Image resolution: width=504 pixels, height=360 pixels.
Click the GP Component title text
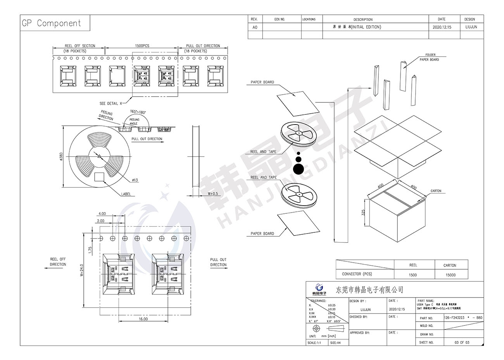point(51,23)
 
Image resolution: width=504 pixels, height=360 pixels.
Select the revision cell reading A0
point(255,27)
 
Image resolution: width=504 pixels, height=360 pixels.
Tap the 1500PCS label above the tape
point(142,46)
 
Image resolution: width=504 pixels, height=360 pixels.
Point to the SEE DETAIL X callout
point(110,104)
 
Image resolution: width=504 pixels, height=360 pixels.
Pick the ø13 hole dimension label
point(135,180)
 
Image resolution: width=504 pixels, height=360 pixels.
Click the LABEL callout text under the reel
point(126,194)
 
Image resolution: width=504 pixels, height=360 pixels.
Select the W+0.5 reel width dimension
point(213,193)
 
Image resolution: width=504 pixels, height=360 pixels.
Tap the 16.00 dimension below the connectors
point(143,319)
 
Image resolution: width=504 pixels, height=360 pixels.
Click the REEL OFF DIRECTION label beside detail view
point(58,262)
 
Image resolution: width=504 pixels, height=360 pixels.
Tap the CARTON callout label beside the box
point(436,191)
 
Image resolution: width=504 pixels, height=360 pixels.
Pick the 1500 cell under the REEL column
point(413,275)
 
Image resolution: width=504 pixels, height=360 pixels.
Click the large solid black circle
point(299,169)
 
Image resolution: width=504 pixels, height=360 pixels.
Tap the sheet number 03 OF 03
point(462,343)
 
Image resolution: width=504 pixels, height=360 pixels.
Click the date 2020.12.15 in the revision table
point(442,27)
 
